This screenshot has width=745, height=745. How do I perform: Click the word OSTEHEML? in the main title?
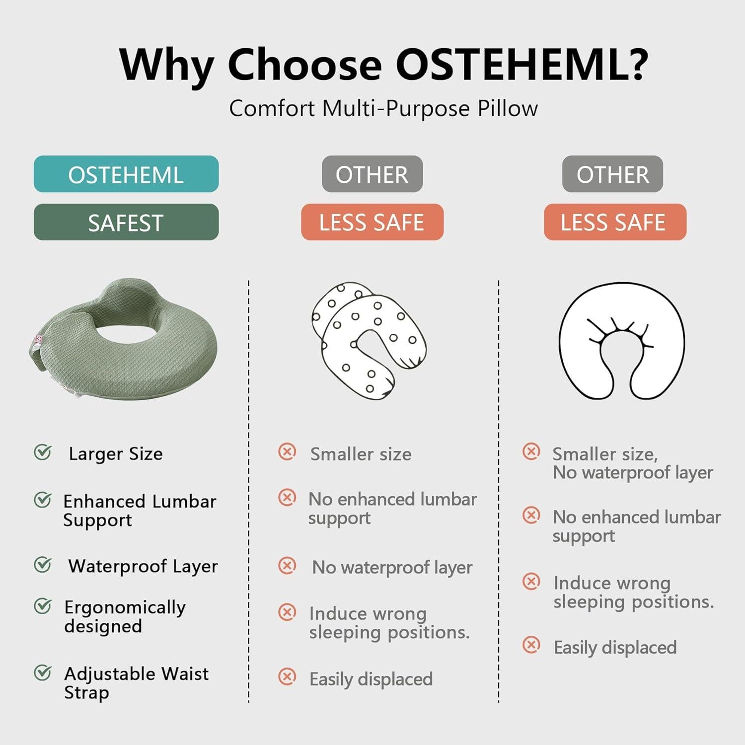point(521,64)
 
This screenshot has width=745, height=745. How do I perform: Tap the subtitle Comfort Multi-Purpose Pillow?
point(383,108)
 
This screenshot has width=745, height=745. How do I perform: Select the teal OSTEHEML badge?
point(126,174)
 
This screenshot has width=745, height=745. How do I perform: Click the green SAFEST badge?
point(126,222)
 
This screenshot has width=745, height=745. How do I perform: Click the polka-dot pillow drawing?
point(369,338)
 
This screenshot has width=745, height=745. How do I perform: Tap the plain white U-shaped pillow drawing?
point(622,341)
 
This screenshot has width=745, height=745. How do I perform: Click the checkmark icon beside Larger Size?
point(43,452)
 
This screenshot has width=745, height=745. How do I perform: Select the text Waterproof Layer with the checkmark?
point(143,566)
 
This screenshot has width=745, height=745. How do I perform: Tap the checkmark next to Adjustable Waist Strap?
point(43,672)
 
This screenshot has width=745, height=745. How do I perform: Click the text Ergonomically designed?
point(125,616)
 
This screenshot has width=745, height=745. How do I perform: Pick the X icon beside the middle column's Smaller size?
point(287,451)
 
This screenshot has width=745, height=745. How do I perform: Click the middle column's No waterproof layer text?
point(392,567)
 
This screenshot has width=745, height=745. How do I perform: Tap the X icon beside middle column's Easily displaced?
point(287,676)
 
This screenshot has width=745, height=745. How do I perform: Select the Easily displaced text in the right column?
point(615,647)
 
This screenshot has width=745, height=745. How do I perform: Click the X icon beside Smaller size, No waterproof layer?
point(531,451)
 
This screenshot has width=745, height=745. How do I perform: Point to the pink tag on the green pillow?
point(39,340)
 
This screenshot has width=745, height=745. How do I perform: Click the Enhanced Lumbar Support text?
point(140,511)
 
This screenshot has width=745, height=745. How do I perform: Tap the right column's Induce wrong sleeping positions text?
point(634,592)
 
